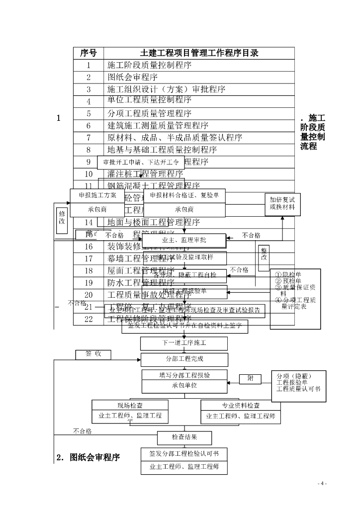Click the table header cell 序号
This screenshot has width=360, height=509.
pos(89,53)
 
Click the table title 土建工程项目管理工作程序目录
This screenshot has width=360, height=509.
pos(199,53)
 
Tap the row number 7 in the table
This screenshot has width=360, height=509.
pos(89,138)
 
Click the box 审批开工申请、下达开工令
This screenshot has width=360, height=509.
pos(140,162)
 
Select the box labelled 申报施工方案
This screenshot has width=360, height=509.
pos(97,196)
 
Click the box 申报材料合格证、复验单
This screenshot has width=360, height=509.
pos(184,196)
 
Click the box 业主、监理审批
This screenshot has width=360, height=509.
pos(184,240)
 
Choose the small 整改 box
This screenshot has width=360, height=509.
pos(264,254)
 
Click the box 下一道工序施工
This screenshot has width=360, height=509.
pos(184,343)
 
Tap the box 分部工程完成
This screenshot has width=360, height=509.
pos(184,359)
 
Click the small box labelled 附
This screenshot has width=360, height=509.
pos(250,379)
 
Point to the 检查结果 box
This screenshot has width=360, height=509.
pos(184,437)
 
